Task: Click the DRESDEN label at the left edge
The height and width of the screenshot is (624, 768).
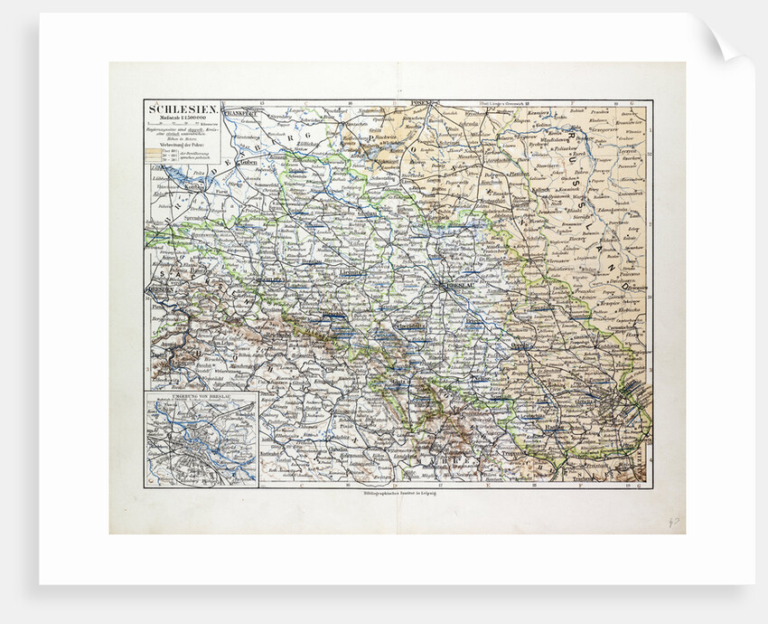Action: pyautogui.click(x=157, y=291)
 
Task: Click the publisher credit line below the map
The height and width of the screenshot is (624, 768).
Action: pyautogui.click(x=395, y=496)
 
